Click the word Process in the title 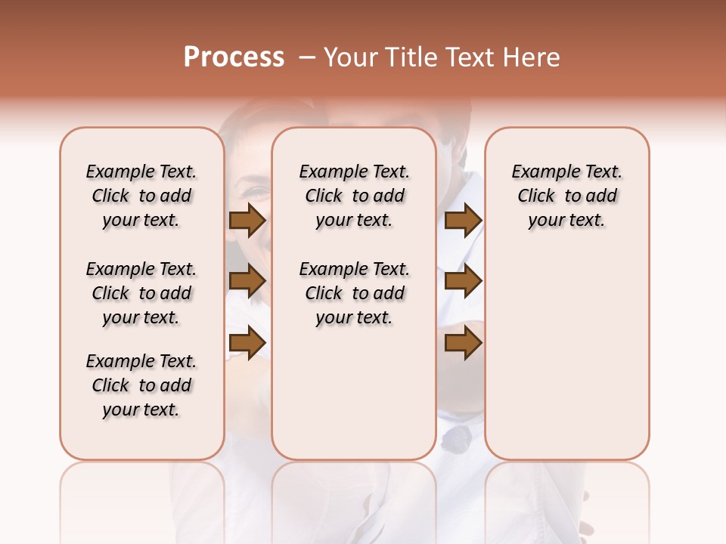click(x=234, y=57)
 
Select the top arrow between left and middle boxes click(x=247, y=221)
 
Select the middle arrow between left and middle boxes click(x=247, y=282)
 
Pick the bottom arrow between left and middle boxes click(x=247, y=343)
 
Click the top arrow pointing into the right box click(x=463, y=221)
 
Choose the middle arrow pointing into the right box click(x=463, y=282)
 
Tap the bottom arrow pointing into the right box click(x=463, y=343)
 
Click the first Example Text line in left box click(x=141, y=172)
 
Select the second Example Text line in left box click(x=141, y=269)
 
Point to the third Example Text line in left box click(x=141, y=361)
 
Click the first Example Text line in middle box click(x=355, y=172)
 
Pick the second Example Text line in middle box click(x=355, y=269)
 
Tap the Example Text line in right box click(x=567, y=172)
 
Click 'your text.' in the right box click(x=567, y=221)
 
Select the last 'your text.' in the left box click(x=141, y=410)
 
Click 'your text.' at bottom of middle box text click(x=355, y=318)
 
